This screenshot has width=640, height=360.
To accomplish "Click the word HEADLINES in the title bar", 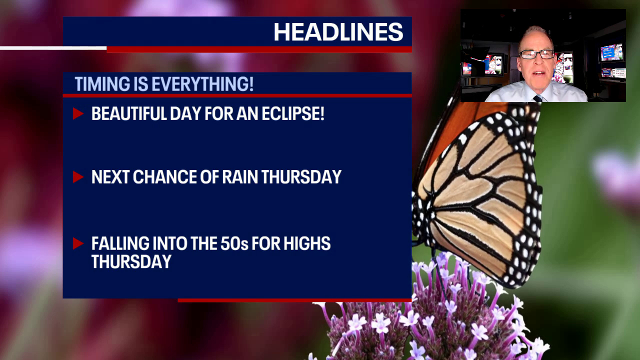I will pyautogui.click(x=338, y=32).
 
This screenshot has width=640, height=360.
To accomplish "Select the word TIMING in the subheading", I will pyautogui.click(x=103, y=84).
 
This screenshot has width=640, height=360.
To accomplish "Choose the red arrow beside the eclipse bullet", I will pyautogui.click(x=77, y=113).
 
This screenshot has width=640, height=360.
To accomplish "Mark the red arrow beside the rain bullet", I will pyautogui.click(x=77, y=177).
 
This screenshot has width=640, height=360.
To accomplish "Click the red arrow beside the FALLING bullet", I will pyautogui.click(x=77, y=243).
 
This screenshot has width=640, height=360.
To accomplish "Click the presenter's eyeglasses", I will pyautogui.click(x=536, y=54).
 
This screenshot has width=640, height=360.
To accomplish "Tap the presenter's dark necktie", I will pyautogui.click(x=537, y=98).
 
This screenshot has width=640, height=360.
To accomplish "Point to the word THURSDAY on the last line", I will pyautogui.click(x=131, y=261).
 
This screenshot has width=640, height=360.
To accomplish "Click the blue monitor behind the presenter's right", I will pyautogui.click(x=611, y=52).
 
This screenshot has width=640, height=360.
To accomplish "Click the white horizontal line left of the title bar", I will pyautogui.click(x=53, y=48).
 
